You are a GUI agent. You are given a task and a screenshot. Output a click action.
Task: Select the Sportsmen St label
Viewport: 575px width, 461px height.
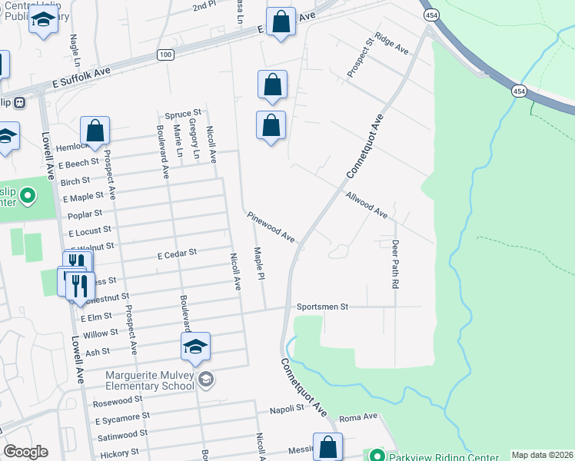pyautogui.click(x=323, y=307)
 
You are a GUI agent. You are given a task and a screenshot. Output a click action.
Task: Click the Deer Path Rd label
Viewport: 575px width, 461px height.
pyautogui.click(x=395, y=264)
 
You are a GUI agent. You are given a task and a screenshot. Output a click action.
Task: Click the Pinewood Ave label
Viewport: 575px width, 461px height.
pyautogui.click(x=271, y=227)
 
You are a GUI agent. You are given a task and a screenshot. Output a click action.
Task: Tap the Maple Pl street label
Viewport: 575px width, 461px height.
pyautogui.click(x=260, y=264)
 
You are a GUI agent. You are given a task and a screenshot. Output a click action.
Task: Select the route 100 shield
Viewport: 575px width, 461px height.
pyautogui.click(x=165, y=55)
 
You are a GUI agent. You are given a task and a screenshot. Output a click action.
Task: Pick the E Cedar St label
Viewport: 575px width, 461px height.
pyautogui.click(x=178, y=251)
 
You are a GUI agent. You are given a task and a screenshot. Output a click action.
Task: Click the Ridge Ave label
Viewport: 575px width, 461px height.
pyautogui.click(x=391, y=43)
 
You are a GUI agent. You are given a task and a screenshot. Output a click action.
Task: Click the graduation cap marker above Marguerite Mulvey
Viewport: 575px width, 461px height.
pyautogui.click(x=195, y=347)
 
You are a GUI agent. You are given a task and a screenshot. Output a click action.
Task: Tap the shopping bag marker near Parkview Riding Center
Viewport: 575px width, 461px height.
pyautogui.click(x=328, y=447)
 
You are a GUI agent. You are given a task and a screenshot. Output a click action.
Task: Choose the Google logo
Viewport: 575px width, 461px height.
pyautogui.click(x=25, y=452)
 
